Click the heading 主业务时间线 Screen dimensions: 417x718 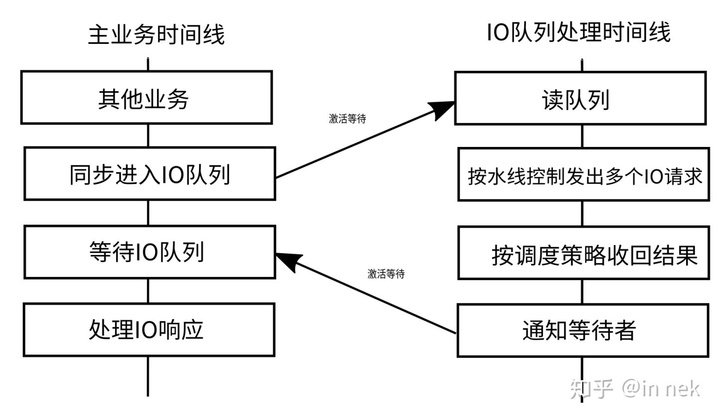click(156, 35)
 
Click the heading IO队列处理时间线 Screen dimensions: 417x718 click(578, 33)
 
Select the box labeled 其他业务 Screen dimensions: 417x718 click(146, 98)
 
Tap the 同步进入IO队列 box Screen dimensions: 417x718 click(150, 174)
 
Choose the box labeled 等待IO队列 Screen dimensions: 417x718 click(150, 252)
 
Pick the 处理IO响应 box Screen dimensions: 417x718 click(149, 330)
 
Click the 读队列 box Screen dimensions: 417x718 click(580, 98)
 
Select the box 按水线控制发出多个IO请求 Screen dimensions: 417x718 click(583, 174)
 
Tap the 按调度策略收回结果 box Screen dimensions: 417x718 click(583, 253)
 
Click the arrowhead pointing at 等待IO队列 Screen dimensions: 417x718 click(288, 259)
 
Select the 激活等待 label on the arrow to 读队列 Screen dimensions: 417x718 click(347, 119)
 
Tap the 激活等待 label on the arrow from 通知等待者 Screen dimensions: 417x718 click(386, 274)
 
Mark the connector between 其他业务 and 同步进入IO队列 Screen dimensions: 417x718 click(148, 136)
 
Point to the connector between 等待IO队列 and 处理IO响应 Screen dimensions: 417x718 click(148, 291)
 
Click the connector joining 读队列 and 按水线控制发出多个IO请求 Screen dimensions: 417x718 click(582, 136)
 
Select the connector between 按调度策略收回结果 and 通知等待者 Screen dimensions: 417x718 click(582, 292)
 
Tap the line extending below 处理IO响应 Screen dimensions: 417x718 click(148, 376)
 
